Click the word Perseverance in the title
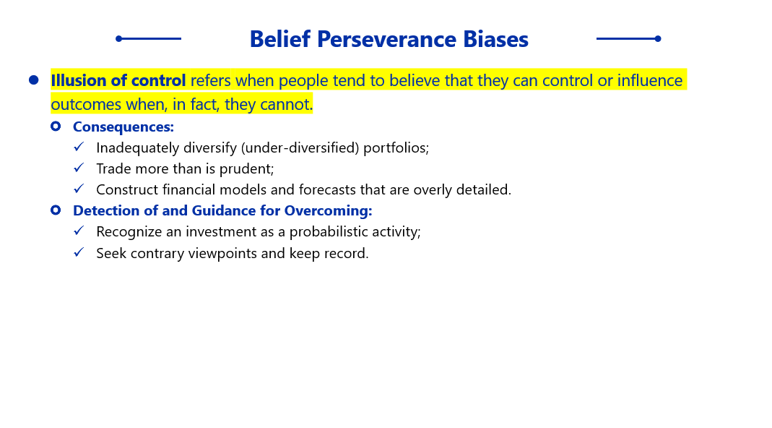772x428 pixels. tap(386, 40)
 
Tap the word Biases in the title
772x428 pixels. tap(495, 40)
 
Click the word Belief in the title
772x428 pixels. tap(280, 40)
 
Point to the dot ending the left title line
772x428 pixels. tap(118, 38)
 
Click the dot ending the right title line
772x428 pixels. tap(658, 38)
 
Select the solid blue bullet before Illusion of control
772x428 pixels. tap(33, 80)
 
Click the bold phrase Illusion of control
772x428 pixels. tap(118, 80)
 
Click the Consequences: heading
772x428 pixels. tap(123, 127)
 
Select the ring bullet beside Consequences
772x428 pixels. tap(56, 127)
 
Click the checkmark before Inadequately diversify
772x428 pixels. tap(79, 147)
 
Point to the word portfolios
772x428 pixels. tap(394, 148)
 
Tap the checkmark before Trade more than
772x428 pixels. tap(79, 168)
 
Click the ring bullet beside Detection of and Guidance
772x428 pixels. tap(56, 210)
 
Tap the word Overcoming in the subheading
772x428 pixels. tap(326, 211)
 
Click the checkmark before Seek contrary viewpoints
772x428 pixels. tap(79, 252)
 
